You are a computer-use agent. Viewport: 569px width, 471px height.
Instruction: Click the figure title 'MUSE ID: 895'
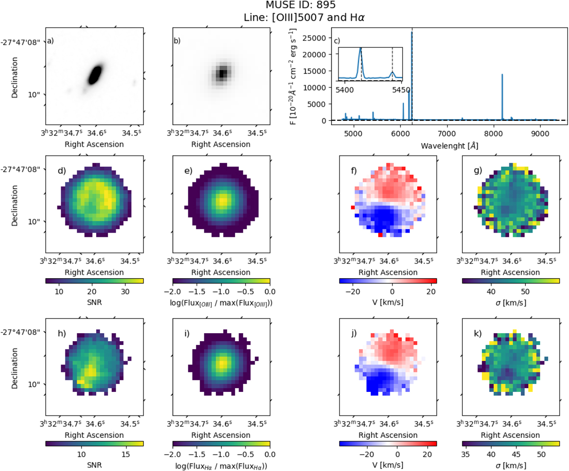pos(284,6)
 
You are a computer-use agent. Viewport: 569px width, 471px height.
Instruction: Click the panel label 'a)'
pos(50,41)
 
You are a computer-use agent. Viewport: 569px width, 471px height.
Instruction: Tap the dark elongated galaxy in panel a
pos(95,74)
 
